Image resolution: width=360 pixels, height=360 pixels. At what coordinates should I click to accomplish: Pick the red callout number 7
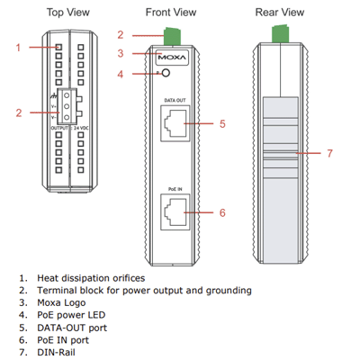point(329,154)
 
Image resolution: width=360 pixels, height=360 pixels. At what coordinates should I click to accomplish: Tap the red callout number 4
point(120,74)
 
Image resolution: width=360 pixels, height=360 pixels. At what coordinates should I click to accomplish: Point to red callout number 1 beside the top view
point(17,46)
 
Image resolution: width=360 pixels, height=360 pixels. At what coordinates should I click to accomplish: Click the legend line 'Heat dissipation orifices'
point(93,279)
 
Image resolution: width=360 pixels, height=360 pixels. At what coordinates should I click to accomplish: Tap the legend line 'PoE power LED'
point(73,316)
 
